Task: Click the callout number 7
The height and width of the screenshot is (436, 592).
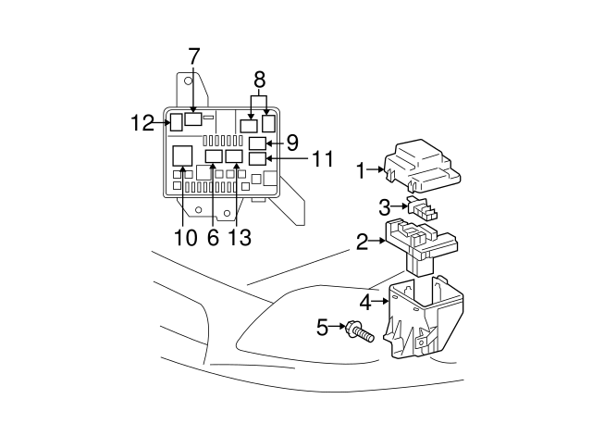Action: [x=193, y=56]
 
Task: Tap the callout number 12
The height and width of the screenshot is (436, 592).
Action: [x=142, y=123]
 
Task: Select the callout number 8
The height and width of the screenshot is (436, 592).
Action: [x=259, y=80]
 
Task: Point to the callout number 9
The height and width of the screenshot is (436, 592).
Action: [x=292, y=143]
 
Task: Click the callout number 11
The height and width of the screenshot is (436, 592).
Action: [x=323, y=158]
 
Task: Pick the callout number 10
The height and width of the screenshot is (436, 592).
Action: [x=186, y=238]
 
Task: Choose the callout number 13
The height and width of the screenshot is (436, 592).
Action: [x=240, y=238]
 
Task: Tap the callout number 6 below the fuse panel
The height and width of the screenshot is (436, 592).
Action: [x=213, y=238]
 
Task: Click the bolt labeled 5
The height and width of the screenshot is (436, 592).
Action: [x=360, y=331]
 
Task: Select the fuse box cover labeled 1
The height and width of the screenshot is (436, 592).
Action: [x=423, y=167]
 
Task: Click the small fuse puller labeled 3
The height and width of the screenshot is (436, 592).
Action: [x=422, y=207]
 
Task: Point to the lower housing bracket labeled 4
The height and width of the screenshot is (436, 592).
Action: [x=424, y=318]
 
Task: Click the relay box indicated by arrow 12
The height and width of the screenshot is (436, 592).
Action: [x=177, y=121]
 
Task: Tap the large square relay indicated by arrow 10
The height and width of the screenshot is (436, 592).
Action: [x=183, y=156]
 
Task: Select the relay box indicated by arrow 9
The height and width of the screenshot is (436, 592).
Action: [x=258, y=143]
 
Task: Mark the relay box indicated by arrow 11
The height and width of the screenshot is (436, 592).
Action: [x=258, y=158]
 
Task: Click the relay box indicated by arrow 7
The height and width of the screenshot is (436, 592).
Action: [x=193, y=118]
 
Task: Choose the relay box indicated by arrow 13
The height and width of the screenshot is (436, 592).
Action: [x=234, y=156]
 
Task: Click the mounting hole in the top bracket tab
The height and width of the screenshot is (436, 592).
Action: [x=188, y=81]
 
